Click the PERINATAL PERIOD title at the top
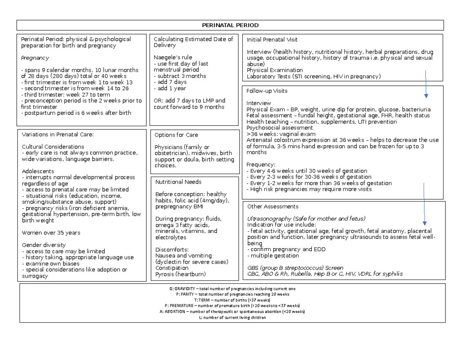[230, 25]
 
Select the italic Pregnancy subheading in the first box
[35, 58]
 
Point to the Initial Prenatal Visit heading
[270, 40]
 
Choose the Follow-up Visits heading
[265, 91]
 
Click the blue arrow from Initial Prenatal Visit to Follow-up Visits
[426, 83]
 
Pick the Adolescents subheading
[38, 171]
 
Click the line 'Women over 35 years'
[51, 233]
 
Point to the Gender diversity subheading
[44, 245]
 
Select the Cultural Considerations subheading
[53, 147]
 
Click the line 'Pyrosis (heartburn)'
[180, 274]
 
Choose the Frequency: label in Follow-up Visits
[261, 165]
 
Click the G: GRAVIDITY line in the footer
[232, 289]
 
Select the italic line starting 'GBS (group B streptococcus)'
[295, 268]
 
